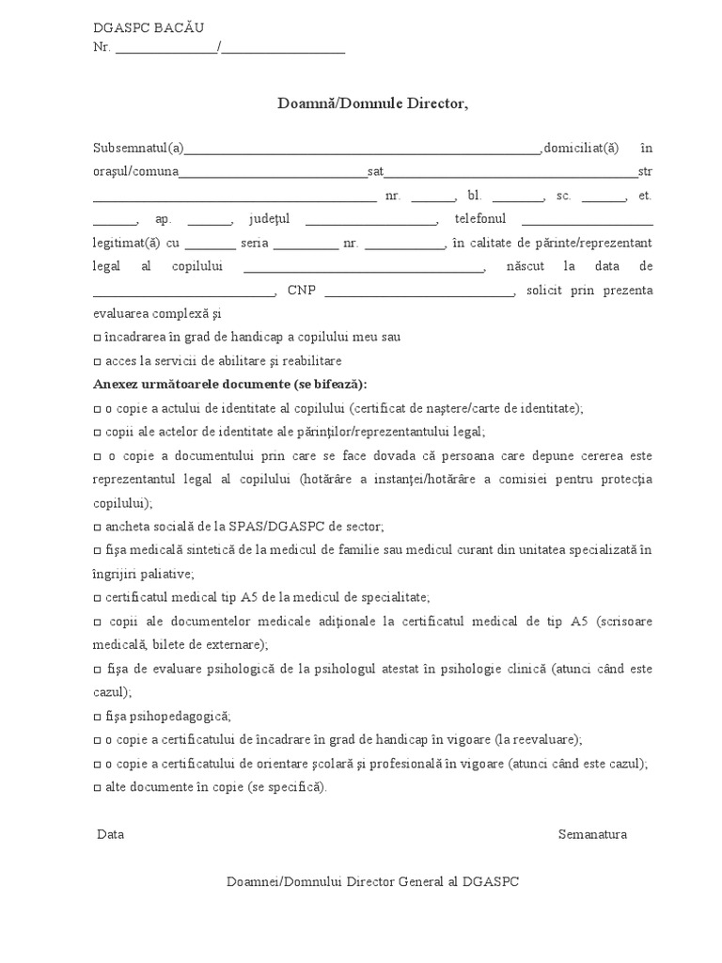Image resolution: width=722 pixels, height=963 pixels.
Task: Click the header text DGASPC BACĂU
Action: pos(148,29)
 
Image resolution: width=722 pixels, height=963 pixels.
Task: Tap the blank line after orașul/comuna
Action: pos(273,173)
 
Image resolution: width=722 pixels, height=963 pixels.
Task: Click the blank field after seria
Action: pos(306,245)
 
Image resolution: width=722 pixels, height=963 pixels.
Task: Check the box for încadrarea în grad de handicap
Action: pos(98,338)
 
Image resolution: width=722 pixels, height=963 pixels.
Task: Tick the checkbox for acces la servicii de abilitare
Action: pos(98,361)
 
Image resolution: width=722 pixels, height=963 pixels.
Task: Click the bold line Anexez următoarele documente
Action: pos(230,385)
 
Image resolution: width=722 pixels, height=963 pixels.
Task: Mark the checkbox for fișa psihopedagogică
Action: pos(98,716)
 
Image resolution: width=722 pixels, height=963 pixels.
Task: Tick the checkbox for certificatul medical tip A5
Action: pos(98,598)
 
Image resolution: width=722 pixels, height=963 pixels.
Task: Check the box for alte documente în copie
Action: pos(98,787)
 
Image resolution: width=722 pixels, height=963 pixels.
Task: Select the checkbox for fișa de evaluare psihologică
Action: pos(98,669)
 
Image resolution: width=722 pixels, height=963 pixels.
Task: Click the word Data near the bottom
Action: pos(110,834)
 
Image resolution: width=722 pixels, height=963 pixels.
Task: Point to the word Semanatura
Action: pos(592,834)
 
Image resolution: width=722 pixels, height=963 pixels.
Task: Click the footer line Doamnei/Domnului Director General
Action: pos(372,882)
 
